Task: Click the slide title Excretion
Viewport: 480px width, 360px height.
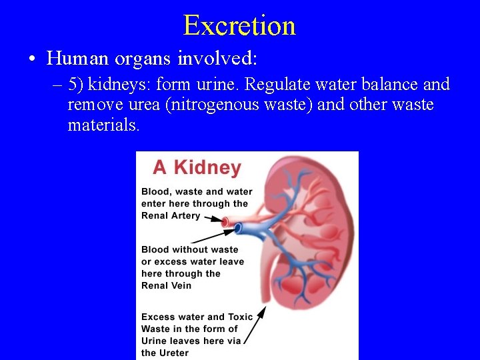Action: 239,25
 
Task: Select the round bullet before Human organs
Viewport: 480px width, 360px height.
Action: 33,59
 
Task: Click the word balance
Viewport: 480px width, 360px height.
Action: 387,85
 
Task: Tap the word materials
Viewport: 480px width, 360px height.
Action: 103,125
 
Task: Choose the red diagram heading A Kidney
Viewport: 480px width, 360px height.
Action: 197,167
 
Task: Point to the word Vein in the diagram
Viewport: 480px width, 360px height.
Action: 179,285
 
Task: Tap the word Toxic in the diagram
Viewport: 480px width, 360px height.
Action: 240,317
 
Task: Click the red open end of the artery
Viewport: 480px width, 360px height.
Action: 225,221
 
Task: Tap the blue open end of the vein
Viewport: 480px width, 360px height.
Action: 238,229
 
